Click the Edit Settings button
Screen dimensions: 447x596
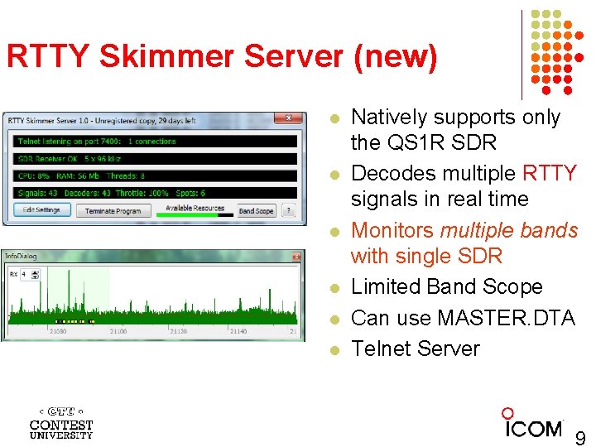click(42, 210)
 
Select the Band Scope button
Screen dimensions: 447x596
click(256, 211)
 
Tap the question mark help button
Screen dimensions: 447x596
click(288, 211)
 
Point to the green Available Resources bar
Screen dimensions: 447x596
click(195, 214)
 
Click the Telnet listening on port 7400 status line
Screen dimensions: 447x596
click(98, 142)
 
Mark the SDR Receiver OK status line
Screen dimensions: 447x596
click(68, 158)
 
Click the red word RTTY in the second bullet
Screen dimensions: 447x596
click(550, 173)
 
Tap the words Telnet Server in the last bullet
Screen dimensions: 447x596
click(415, 348)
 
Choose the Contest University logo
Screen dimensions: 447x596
click(61, 422)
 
